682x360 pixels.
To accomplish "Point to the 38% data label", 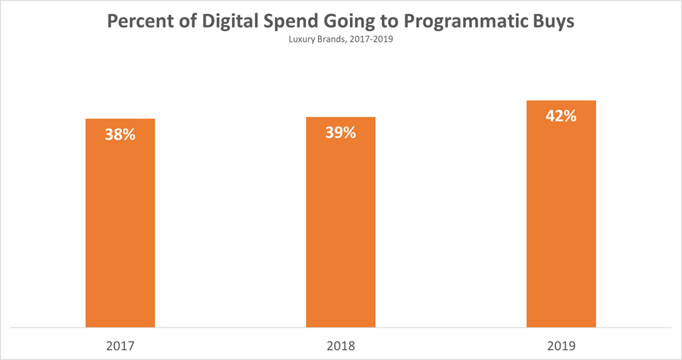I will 120,134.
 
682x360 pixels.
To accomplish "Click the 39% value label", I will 341,132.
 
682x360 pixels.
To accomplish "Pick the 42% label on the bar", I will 561,116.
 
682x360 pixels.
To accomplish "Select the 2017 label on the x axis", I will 120,346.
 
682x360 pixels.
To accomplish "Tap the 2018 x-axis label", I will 341,346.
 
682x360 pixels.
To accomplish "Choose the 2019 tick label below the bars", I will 561,346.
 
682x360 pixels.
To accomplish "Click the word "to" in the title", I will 406,21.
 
